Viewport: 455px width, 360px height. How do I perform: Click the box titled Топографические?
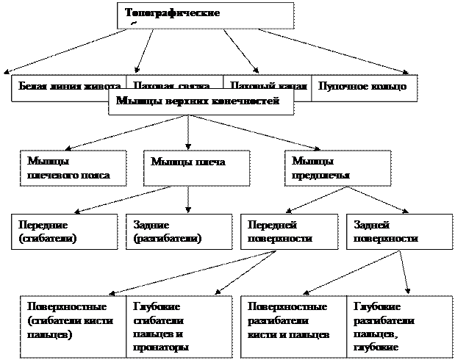pyautogui.click(x=205, y=15)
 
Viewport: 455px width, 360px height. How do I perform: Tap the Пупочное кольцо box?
pyautogui.click(x=364, y=87)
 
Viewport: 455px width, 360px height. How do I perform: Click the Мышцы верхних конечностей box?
pyautogui.click(x=201, y=103)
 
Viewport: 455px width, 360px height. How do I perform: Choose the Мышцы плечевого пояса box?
pyautogui.click(x=72, y=168)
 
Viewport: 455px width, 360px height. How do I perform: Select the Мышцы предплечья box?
pyautogui.click(x=337, y=168)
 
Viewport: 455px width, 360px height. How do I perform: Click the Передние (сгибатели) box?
pyautogui.click(x=65, y=231)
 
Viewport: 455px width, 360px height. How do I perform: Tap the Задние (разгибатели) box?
pyautogui.click(x=177, y=231)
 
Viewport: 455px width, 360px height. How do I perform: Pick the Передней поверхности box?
pyautogui.click(x=290, y=231)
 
